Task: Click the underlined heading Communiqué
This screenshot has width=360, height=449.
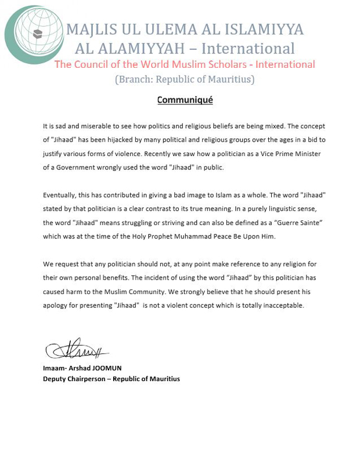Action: [x=185, y=100]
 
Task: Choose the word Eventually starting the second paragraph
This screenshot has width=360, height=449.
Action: [x=61, y=195]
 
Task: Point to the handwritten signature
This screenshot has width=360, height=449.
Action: [x=75, y=349]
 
